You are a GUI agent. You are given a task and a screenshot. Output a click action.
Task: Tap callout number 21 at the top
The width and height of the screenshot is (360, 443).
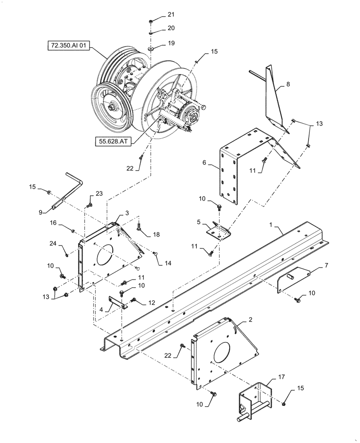(x=171, y=15)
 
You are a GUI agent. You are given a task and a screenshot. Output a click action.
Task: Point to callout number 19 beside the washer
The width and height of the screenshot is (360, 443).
(x=171, y=43)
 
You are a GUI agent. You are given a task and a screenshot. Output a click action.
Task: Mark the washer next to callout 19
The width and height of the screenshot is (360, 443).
(x=152, y=49)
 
